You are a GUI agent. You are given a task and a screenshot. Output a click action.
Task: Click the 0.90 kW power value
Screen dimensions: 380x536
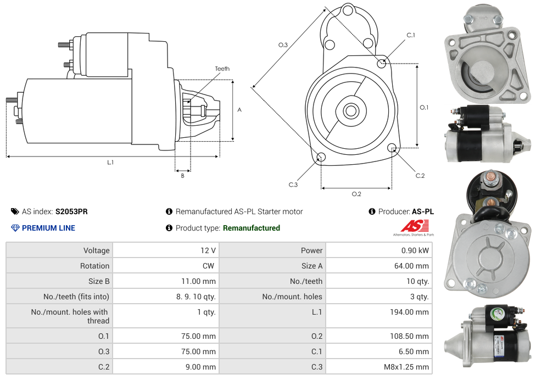[x=416, y=250]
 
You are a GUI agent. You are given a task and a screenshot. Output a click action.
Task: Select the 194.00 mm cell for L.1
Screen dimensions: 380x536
[x=406, y=312]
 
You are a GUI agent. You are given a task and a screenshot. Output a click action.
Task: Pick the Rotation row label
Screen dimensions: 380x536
[x=94, y=266]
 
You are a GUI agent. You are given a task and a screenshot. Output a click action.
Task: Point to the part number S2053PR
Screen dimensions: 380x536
[x=71, y=211]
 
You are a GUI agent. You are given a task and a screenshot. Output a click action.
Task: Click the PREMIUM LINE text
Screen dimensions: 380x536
[x=48, y=228]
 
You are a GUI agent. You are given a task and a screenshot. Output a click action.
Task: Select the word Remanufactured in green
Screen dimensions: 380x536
[x=252, y=228]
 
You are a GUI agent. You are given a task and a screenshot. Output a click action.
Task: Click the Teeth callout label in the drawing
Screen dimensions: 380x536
[x=222, y=69]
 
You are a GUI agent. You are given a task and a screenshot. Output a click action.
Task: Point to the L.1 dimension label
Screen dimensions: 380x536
[x=110, y=163]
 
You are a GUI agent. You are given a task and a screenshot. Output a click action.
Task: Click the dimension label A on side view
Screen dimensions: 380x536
[x=239, y=110]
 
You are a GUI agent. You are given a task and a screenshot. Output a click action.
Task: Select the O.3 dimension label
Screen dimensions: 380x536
[x=283, y=45]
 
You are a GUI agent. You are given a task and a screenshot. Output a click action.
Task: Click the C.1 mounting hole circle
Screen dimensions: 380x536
[x=382, y=63]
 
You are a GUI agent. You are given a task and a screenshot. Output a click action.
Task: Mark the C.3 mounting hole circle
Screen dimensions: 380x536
[x=322, y=158]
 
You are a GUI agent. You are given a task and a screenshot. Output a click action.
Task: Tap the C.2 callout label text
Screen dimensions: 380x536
[x=420, y=176]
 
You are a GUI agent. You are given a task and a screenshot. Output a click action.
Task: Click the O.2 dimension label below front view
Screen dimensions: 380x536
[x=356, y=194]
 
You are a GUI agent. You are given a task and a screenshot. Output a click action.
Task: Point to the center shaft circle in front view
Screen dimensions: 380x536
[x=350, y=111]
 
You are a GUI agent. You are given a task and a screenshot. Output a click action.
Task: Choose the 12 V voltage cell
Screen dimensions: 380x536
[x=208, y=250]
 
